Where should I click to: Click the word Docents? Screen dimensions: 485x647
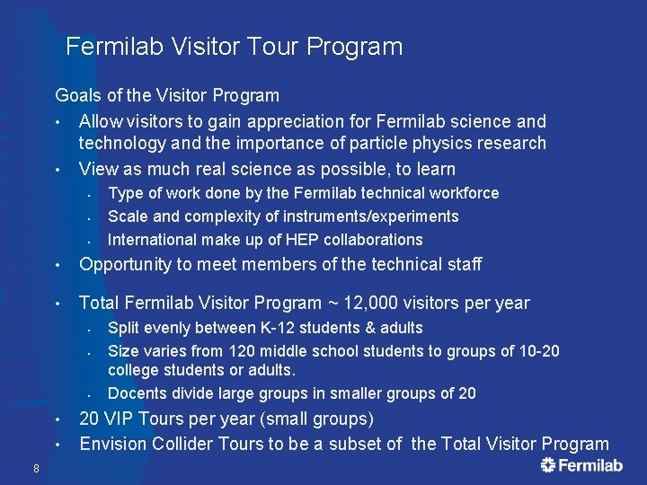point(136,392)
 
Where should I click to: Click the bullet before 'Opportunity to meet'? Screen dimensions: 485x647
point(56,265)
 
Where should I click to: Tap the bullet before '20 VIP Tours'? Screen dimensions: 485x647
point(56,419)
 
